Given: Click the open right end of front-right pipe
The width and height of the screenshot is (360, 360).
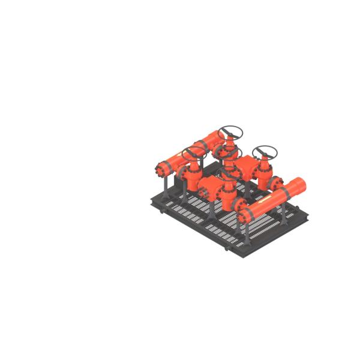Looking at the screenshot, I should [x=299, y=185].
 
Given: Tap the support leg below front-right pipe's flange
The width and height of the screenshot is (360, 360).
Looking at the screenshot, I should [x=245, y=231].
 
